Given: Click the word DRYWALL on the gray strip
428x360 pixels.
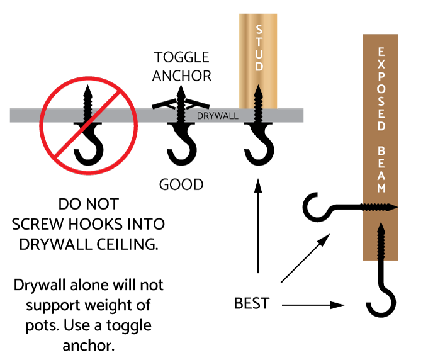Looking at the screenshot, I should click(217, 116).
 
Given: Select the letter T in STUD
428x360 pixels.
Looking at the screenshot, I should click(259, 42).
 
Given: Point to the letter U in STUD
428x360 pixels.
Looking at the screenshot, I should click(259, 54).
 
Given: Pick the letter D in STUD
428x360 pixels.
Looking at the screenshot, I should click(259, 67).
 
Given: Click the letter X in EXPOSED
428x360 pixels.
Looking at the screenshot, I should click(381, 65).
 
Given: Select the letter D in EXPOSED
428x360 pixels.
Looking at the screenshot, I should click(381, 127).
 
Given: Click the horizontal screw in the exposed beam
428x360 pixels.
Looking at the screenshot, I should click(381, 207).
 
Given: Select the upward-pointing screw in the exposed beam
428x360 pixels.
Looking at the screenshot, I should click(381, 240).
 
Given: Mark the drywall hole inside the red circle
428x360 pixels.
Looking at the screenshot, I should click(87, 115).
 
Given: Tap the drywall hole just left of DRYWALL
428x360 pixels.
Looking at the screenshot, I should click(181, 115).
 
